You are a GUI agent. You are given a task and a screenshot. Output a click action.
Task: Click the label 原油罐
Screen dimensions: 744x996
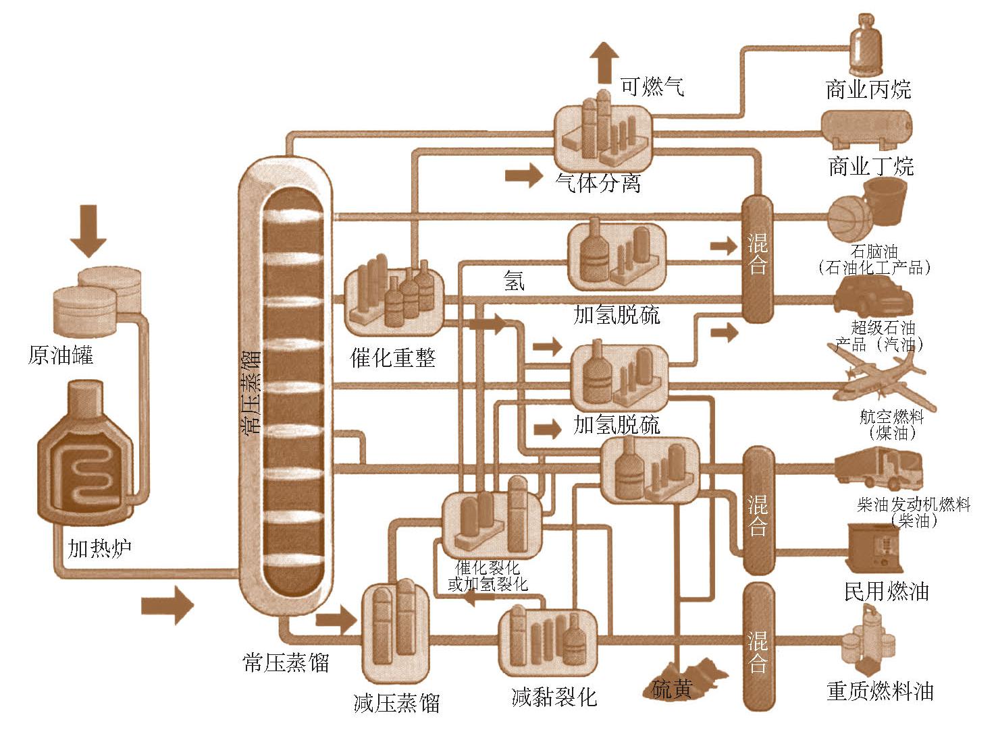[60, 355]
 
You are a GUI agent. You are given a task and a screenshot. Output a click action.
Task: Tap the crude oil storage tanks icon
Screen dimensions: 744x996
[97, 299]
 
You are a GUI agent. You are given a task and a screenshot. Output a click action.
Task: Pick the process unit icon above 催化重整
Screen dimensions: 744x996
[394, 299]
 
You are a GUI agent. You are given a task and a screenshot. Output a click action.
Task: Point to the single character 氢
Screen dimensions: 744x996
[514, 280]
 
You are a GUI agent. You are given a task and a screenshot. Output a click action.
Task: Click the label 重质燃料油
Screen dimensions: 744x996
[879, 691]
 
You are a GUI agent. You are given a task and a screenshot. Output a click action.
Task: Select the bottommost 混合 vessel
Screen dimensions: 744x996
[758, 646]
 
